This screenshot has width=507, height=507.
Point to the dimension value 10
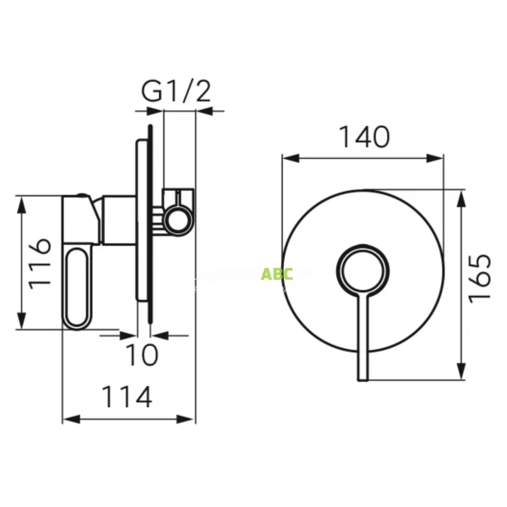pyautogui.click(x=144, y=355)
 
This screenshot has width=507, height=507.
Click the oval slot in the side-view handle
pyautogui.click(x=78, y=287)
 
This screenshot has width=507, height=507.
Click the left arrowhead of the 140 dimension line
pyautogui.click(x=286, y=157)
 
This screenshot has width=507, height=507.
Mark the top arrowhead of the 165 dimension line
pyautogui.click(x=461, y=195)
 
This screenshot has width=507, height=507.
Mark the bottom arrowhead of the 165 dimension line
pyautogui.click(x=461, y=374)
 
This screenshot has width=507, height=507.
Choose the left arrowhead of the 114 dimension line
pyautogui.click(x=68, y=418)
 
